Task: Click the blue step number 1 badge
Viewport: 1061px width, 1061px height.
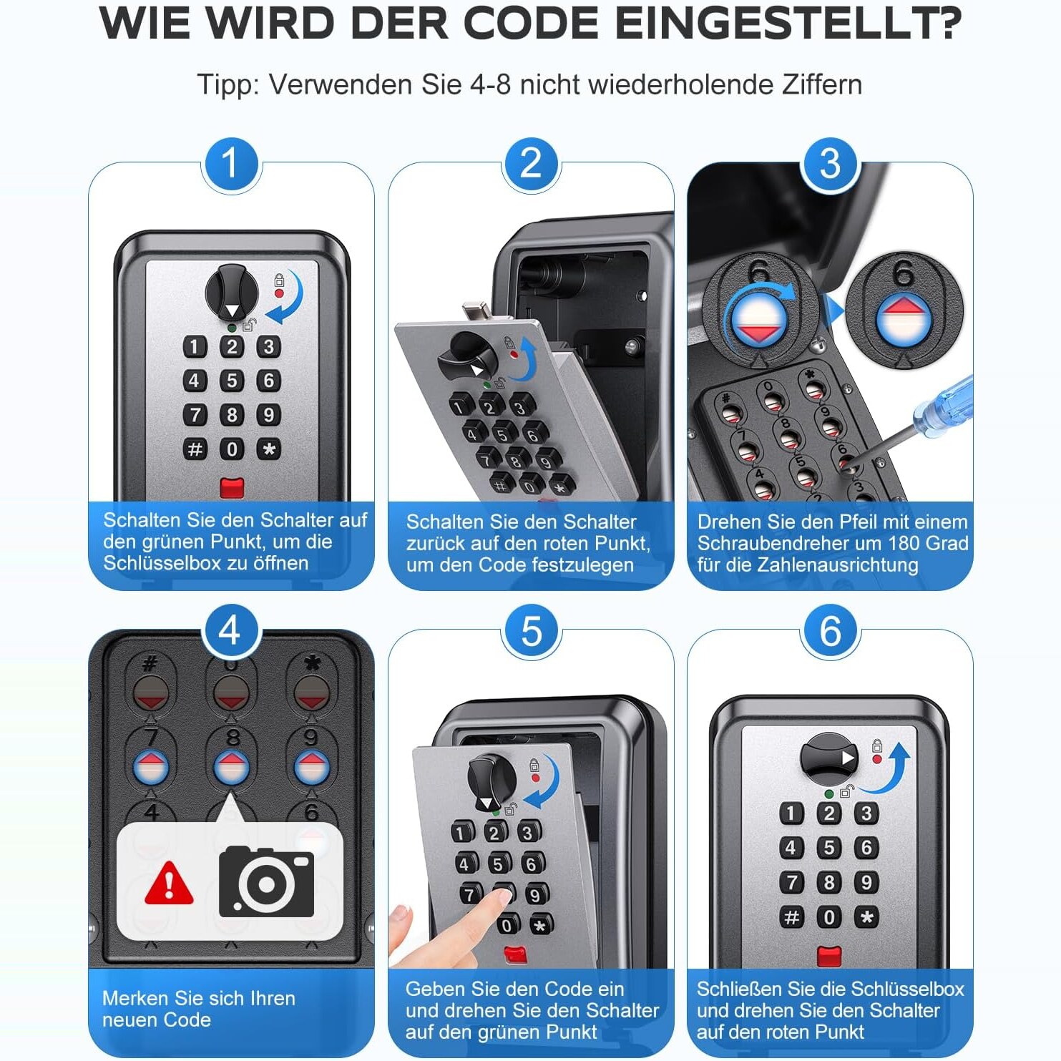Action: (x=230, y=164)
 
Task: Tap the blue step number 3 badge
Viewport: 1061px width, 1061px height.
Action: (x=830, y=164)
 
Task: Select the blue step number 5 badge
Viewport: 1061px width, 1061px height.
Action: (x=531, y=631)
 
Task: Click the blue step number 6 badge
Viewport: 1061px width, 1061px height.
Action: (x=830, y=631)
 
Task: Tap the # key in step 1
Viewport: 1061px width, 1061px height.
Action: (x=195, y=449)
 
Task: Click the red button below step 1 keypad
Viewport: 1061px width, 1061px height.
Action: (x=232, y=488)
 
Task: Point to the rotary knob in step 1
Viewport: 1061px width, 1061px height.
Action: (x=232, y=293)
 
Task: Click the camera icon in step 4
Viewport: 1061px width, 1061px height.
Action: (x=266, y=881)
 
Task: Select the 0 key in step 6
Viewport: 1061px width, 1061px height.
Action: (x=828, y=916)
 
